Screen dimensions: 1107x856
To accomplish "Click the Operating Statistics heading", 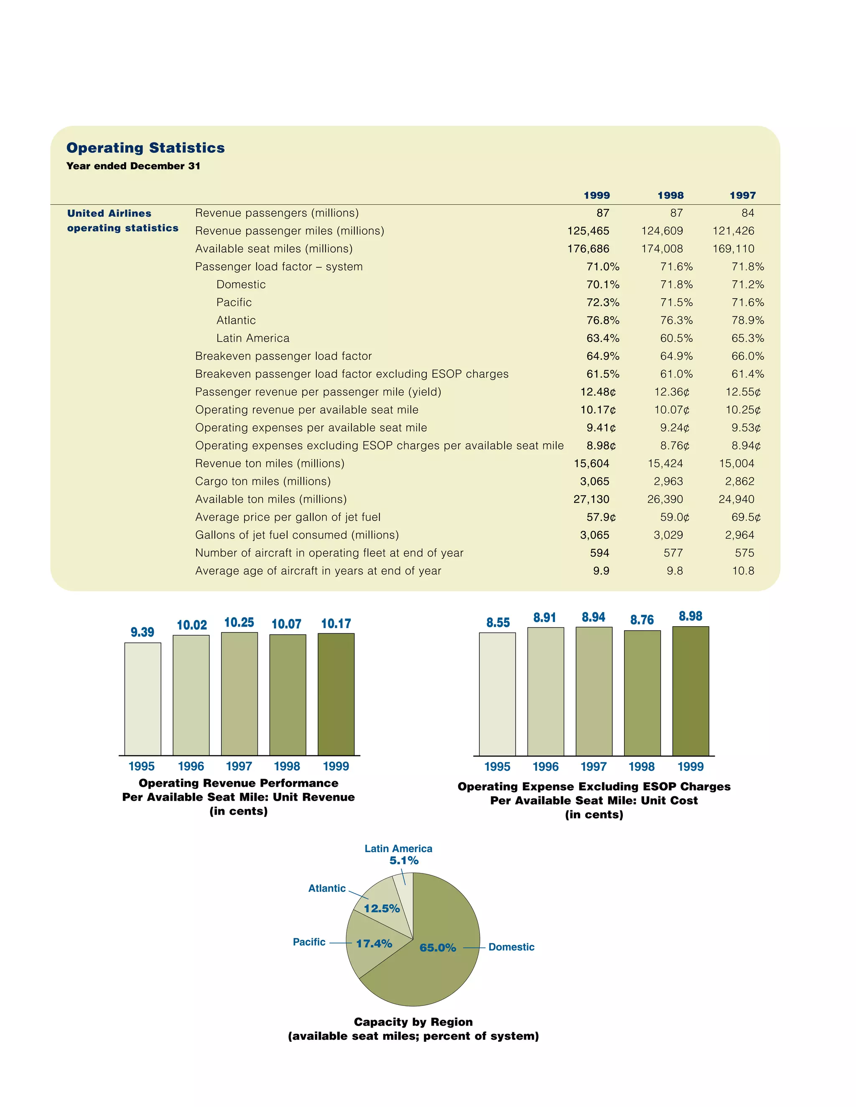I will [145, 147].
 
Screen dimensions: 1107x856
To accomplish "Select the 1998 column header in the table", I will [670, 196].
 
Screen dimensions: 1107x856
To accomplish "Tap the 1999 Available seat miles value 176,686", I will [588, 249].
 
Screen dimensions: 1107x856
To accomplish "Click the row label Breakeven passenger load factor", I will [283, 356].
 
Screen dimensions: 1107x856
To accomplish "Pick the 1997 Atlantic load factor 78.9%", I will [747, 320].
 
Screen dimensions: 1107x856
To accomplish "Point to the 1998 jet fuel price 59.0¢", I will [675, 518].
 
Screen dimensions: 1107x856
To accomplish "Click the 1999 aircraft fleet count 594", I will [599, 553].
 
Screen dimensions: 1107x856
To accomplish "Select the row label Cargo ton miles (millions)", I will [262, 482].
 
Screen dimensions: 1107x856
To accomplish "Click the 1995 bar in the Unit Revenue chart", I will [143, 699].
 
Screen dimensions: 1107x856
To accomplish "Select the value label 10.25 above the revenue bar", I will [239, 622].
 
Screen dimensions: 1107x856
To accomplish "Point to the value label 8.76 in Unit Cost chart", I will [642, 620].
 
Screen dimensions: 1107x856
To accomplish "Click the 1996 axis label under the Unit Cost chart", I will [545, 767].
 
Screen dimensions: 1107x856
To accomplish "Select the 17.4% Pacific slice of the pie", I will [373, 944].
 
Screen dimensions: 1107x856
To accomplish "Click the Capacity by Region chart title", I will [413, 1022].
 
